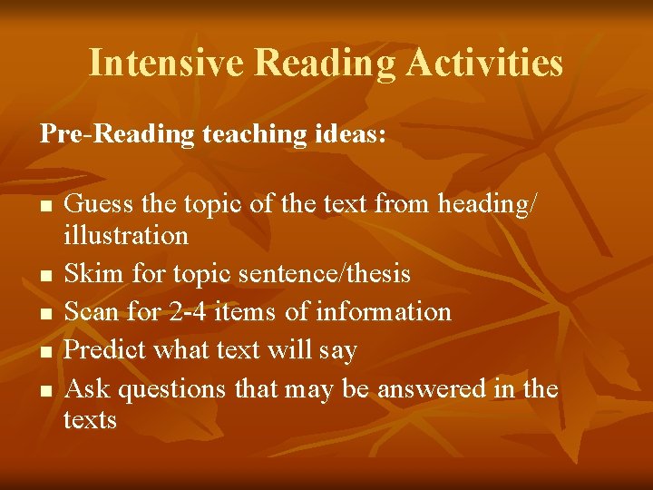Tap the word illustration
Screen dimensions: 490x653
point(126,235)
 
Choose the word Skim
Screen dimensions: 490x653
point(95,273)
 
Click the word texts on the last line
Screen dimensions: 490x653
point(90,419)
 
